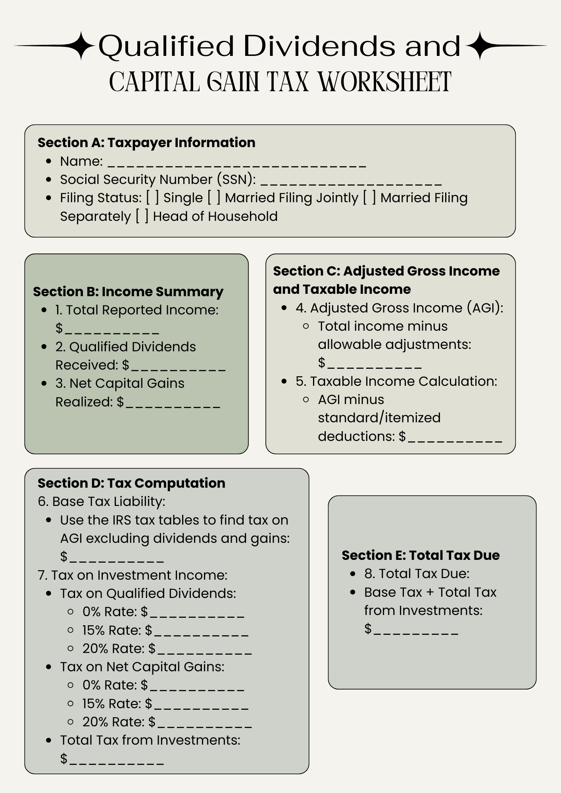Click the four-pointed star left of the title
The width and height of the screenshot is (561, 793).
[x=81, y=46]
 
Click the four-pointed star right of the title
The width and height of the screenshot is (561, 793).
[x=480, y=46]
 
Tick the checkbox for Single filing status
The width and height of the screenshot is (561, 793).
[x=152, y=197]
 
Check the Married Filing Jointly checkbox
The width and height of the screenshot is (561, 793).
[x=214, y=197]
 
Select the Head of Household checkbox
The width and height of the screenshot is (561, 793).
[x=142, y=216]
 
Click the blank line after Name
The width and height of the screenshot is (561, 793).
[x=236, y=163]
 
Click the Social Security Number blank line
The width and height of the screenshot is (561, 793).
[x=351, y=181]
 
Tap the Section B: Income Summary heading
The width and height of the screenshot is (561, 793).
[x=128, y=291]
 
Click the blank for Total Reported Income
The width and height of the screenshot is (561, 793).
[x=111, y=329]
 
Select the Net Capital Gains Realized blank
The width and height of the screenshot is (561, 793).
[x=172, y=403]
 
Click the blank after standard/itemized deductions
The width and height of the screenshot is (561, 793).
[x=455, y=437]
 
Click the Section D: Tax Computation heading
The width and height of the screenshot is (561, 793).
[x=131, y=483]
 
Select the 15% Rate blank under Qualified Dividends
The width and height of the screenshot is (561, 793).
[x=201, y=631]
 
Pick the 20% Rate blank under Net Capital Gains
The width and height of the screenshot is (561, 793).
[x=204, y=722]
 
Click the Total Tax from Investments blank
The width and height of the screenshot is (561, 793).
[x=116, y=759]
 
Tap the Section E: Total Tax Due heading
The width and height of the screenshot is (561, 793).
[x=421, y=555]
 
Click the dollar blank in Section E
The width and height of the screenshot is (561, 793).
[x=416, y=629]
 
